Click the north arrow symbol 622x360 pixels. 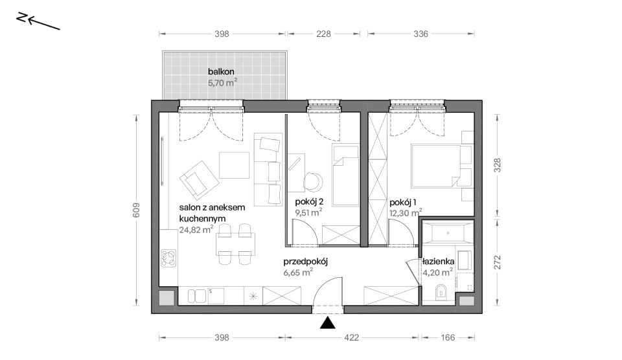(x=38, y=21)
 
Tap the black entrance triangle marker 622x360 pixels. (x=328, y=323)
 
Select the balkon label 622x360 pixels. (x=221, y=72)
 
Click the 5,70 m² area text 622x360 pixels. (x=222, y=83)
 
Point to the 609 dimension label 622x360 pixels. (x=136, y=210)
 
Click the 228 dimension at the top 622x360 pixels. (x=323, y=34)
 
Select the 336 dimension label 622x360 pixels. (x=420, y=34)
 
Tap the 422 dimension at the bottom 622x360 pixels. (x=351, y=337)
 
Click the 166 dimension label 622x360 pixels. (x=448, y=337)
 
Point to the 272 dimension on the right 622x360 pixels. (x=498, y=262)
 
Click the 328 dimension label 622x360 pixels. (x=498, y=165)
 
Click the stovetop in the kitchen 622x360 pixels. (x=168, y=258)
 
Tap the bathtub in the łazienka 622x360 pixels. (x=448, y=232)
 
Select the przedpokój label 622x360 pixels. (x=305, y=262)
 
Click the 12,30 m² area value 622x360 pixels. (x=406, y=213)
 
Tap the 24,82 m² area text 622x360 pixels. (x=196, y=230)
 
